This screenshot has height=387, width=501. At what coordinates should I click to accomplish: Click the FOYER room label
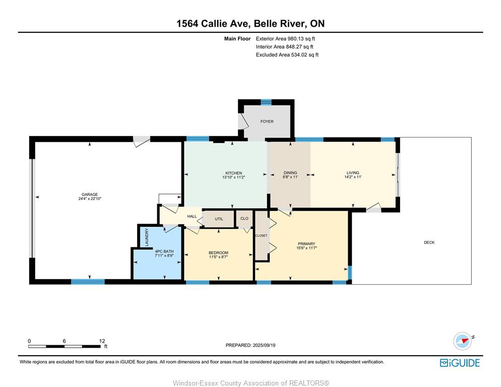coord(267,121)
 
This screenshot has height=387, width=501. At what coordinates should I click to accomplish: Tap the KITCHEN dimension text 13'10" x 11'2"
coord(233,177)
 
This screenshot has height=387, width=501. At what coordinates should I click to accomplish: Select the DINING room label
coord(290,172)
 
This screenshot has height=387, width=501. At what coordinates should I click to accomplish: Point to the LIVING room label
coord(353,172)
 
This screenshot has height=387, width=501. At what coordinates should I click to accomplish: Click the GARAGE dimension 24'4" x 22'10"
coord(90,199)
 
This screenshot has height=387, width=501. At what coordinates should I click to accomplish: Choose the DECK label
coord(429,242)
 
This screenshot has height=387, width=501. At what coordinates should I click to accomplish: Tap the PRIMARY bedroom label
coord(306,243)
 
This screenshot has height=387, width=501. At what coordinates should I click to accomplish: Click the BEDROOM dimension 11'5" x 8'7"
coord(219,256)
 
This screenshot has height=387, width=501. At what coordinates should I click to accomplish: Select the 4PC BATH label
coord(164,251)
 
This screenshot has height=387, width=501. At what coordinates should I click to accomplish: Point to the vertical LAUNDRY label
coord(147,237)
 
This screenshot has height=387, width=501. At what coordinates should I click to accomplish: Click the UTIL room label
coord(219,219)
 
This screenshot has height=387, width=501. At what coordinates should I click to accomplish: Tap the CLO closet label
coord(244,219)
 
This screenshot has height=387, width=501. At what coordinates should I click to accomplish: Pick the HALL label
coord(192,216)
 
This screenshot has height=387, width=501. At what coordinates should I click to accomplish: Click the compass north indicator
coord(463,341)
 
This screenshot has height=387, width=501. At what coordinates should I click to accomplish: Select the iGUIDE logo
coord(460,363)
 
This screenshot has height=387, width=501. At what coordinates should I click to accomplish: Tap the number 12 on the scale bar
coord(102,341)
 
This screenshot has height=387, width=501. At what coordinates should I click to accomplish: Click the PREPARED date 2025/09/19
coord(264,345)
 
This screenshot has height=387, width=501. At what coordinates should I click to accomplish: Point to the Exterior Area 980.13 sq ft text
coord(285,39)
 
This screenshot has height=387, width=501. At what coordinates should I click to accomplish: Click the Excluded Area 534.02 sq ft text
coord(287,54)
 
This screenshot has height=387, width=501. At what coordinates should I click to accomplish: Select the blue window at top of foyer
coord(266,102)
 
